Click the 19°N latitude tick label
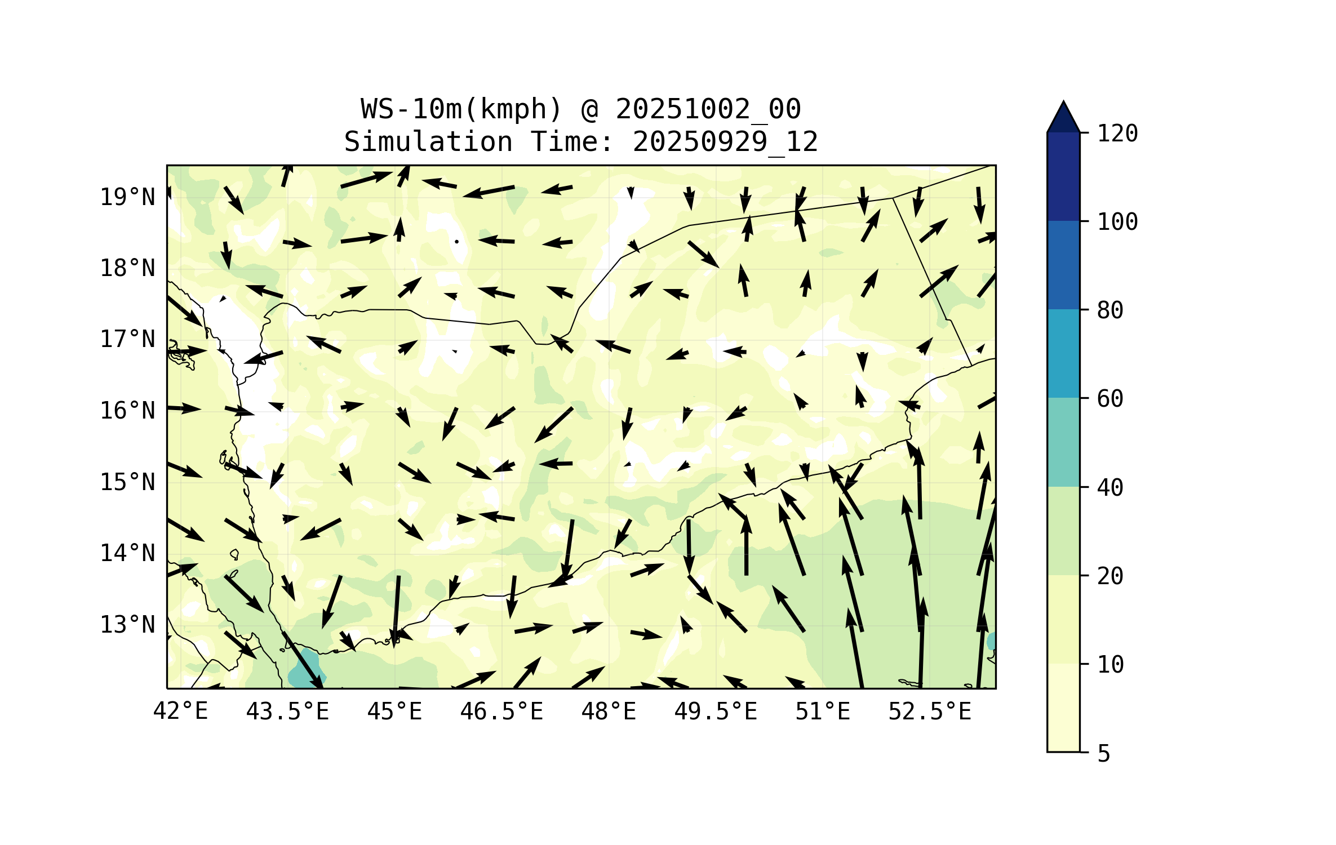(127, 197)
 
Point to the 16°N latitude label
(127, 411)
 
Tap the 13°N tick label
(127, 625)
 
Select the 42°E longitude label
(180, 711)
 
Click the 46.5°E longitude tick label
(501, 711)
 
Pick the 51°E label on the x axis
(822, 711)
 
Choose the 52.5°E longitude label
(930, 711)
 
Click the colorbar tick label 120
(1117, 134)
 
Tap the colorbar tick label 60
(1110, 399)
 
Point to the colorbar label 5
(1104, 753)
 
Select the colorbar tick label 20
(1110, 576)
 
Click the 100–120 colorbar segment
(1063, 176)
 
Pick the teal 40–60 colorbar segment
(1063, 442)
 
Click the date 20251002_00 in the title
(708, 109)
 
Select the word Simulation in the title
(428, 141)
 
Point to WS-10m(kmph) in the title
(461, 109)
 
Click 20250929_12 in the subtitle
(725, 141)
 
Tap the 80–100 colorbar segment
(1063, 265)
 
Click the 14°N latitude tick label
(127, 553)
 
